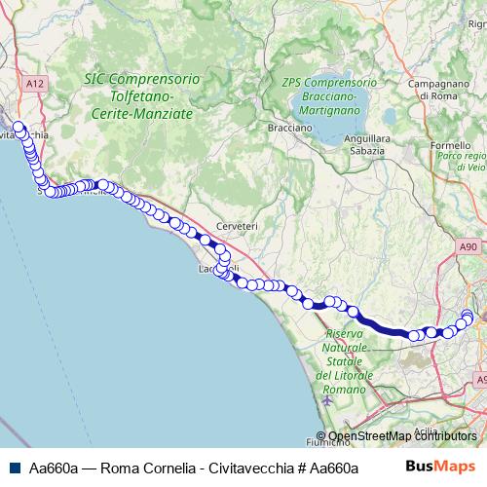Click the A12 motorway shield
[36, 85]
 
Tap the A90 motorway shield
[469, 248]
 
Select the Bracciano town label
[290, 127]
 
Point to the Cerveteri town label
[237, 226]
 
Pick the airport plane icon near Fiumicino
[324, 399]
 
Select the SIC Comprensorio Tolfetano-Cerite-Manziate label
[143, 96]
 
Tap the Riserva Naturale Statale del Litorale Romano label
[342, 361]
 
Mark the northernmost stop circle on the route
[17, 125]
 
